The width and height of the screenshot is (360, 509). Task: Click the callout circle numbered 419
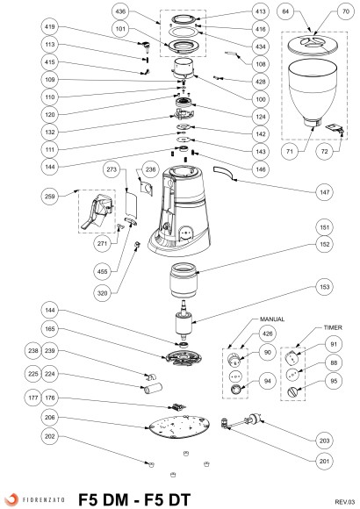coord(50,27)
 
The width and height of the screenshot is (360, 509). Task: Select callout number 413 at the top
coord(261,11)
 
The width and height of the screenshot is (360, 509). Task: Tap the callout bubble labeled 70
coord(346,11)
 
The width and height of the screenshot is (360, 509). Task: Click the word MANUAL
coord(272,319)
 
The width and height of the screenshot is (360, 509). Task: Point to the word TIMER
coord(333,328)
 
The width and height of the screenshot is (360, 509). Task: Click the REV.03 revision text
coord(345,502)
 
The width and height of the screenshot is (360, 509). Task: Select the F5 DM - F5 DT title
coord(134,500)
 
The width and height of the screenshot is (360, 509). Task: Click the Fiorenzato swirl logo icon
coord(11,500)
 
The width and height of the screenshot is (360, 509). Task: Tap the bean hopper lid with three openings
coord(312,45)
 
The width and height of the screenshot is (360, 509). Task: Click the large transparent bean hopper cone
coord(313,92)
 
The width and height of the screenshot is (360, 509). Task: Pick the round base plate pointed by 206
coord(178,427)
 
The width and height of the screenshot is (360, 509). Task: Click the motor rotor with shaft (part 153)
coord(184,319)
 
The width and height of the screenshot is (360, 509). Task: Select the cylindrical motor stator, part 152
coord(184,280)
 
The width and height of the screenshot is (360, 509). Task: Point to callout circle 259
coord(50,197)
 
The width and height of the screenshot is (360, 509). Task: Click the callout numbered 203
coord(324,441)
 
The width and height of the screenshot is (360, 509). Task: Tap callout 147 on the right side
coord(324,192)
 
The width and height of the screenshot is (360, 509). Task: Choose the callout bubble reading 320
coord(103,293)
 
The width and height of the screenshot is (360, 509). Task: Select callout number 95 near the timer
coord(334,382)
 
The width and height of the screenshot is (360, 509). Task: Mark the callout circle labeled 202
coord(50,437)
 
